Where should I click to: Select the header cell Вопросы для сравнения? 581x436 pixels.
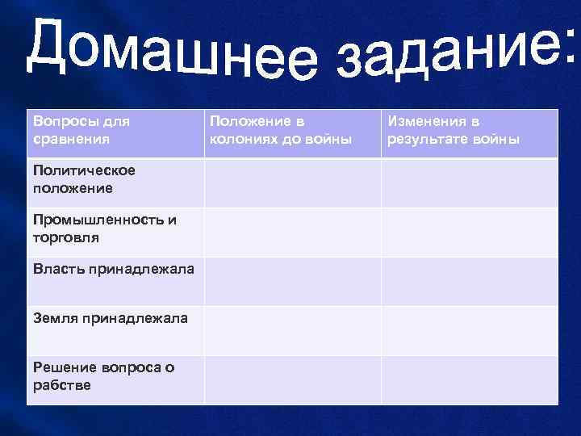pos(82,130)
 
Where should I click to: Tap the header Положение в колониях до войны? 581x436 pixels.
pos(281,130)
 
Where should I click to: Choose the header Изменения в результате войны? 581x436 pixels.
pos(454,130)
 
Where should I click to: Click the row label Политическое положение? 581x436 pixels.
pos(84,179)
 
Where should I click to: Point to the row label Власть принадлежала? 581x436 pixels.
pos(114,269)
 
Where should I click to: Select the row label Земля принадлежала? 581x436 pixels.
pos(111,318)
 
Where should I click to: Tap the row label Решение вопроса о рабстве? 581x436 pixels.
pos(103,376)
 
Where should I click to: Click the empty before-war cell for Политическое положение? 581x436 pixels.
pos(292,182)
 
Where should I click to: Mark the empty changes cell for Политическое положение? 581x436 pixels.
pos(469,182)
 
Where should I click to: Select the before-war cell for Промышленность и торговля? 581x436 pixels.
pos(292,233)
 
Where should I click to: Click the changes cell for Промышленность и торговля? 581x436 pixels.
pos(469,233)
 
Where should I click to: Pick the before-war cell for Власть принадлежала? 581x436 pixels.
pos(292,282)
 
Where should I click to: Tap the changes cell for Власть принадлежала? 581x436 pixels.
pos(469,282)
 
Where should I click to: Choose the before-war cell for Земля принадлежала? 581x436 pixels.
pos(292,331)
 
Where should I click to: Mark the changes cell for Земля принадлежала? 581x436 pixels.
pos(469,331)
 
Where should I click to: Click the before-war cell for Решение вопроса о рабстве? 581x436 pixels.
pos(292,380)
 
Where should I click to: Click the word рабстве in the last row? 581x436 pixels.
pos(62,385)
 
